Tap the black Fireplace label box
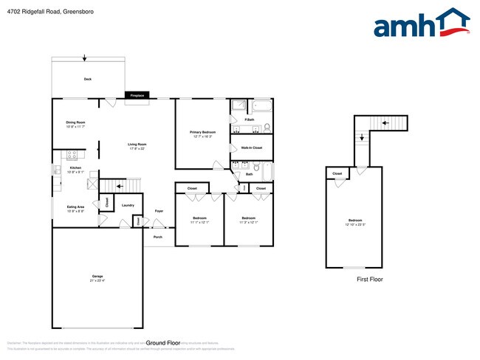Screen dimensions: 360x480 click(x=137, y=95)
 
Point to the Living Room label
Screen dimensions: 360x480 click(x=137, y=146)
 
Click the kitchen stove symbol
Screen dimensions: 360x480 click(x=72, y=155)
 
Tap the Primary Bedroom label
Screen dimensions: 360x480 click(x=202, y=134)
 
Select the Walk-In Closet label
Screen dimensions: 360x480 click(x=252, y=148)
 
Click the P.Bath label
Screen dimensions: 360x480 click(x=250, y=120)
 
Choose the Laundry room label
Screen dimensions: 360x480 click(x=127, y=205)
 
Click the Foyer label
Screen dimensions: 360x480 click(x=158, y=212)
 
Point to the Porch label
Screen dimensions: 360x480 click(x=157, y=237)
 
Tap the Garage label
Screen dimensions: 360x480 click(x=97, y=278)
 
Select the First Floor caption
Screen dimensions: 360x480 click(x=369, y=280)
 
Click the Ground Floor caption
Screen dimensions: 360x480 click(x=163, y=343)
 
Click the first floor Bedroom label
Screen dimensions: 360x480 click(x=356, y=221)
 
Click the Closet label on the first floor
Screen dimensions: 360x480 click(x=337, y=174)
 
